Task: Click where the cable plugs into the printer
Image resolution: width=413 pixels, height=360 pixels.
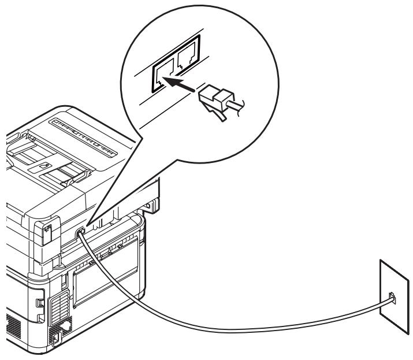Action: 81,230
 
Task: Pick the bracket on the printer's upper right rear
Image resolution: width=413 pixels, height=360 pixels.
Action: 151,205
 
